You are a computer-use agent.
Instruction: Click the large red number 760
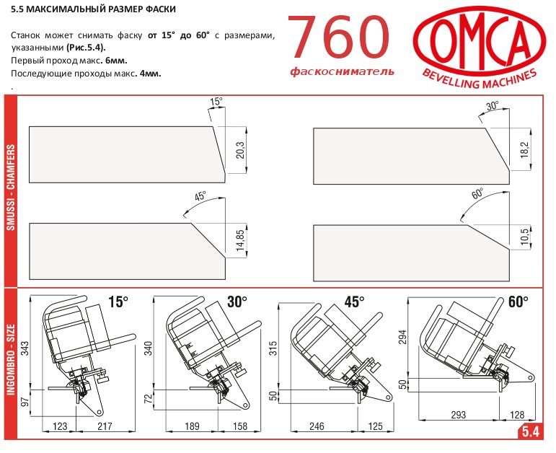point(340,38)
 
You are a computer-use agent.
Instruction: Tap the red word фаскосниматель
point(342,71)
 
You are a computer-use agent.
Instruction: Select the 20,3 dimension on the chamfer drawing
point(240,150)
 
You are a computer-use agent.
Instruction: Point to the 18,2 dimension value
point(525,150)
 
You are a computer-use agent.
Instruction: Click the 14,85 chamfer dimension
point(240,241)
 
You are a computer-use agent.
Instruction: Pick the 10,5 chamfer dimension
point(525,237)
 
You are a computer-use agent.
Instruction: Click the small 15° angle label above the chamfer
point(216,102)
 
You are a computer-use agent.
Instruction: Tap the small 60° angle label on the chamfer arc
point(477,194)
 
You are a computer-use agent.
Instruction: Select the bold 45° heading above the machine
point(354,302)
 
